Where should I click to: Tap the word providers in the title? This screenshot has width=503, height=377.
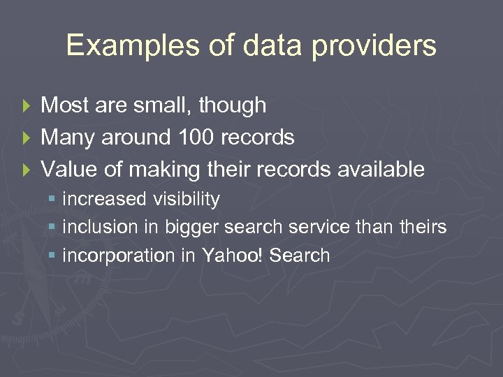tap(374, 46)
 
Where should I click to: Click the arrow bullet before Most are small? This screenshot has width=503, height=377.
tap(27, 106)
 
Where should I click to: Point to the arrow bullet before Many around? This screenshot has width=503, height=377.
tap(27, 138)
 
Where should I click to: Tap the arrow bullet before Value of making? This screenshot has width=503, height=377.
tap(27, 170)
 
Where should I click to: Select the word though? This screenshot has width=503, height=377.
tap(232, 106)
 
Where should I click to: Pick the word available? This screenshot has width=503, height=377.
tap(379, 169)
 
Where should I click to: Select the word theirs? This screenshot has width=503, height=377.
tap(421, 228)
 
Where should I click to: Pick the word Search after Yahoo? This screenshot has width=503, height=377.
tap(299, 256)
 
